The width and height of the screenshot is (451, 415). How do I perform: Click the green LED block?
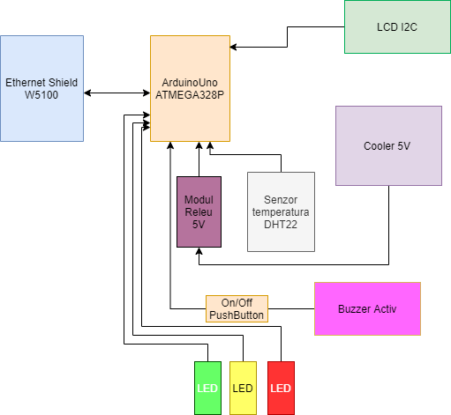pos(207,388)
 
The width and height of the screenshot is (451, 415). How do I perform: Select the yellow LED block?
pos(243,388)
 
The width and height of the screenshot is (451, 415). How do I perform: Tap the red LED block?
pos(281,388)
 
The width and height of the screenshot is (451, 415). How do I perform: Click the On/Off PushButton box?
pos(237,308)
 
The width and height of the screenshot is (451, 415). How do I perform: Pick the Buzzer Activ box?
pos(367,308)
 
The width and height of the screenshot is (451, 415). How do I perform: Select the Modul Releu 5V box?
pos(199,211)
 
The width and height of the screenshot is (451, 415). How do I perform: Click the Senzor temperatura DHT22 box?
pos(281,211)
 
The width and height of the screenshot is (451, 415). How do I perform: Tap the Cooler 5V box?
pos(388,145)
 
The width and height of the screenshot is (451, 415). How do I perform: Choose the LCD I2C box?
pos(397,26)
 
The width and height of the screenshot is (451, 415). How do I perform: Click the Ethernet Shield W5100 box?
pos(41,88)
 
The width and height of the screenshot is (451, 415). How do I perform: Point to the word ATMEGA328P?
pos(190,95)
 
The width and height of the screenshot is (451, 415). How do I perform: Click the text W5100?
pos(41,95)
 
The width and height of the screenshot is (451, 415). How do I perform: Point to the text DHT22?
pos(281,225)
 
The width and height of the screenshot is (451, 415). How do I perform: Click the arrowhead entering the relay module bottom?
pos(199,251)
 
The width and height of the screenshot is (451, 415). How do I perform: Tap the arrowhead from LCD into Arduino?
pos(233,47)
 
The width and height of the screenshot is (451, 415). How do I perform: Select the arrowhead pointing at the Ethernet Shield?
pos(87,93)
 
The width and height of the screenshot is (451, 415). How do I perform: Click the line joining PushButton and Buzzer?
pos(291,308)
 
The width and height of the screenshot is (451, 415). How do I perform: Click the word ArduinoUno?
pos(190,83)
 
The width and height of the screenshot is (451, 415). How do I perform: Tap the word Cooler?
pos(380,146)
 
